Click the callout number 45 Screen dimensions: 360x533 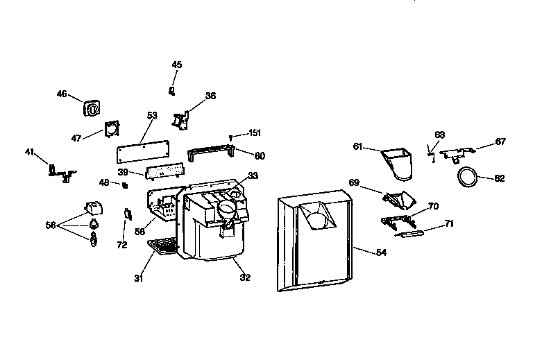[x=177, y=65]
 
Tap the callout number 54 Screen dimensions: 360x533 [x=381, y=252]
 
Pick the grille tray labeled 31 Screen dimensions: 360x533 [x=164, y=246]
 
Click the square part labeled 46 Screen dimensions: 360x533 [x=91, y=109]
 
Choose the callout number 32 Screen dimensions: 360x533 [x=245, y=277]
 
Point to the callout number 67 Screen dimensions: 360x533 [x=500, y=142]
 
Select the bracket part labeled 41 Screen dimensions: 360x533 [x=62, y=171]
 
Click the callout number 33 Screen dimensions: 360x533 [x=253, y=175]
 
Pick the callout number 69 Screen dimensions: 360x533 [x=354, y=182]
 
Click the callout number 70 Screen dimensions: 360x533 [x=433, y=207]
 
